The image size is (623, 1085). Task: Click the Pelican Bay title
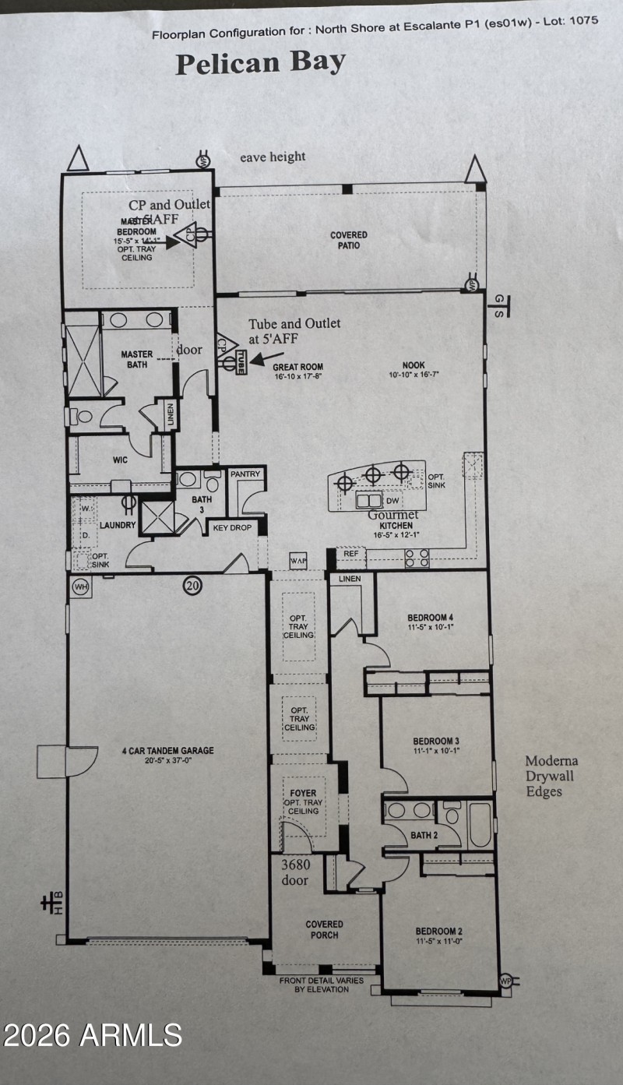260,64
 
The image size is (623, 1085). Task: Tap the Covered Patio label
348,240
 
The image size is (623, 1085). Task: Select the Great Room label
297,371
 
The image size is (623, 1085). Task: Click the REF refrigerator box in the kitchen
350,554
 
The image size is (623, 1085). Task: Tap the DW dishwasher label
392,500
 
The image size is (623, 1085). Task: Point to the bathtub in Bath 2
479,825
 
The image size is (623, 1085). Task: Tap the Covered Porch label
324,929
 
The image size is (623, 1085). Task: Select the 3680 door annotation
294,872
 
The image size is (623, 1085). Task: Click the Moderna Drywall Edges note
551,776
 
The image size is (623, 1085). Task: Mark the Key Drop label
232,527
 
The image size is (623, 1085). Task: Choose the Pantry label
245,474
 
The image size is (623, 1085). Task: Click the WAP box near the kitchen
297,560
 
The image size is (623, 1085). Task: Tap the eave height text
273,157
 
